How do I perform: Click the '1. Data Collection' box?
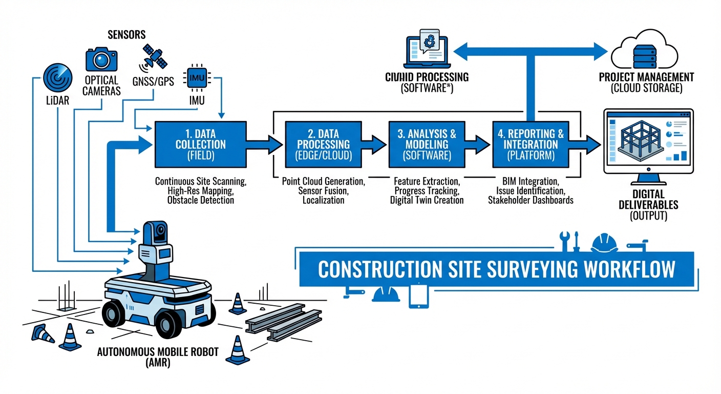click(200, 145)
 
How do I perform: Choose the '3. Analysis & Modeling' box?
click(427, 145)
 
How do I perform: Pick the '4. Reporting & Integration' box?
click(531, 145)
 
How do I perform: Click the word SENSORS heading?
click(126, 35)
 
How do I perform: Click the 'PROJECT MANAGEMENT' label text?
click(646, 77)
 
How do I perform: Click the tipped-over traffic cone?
click(43, 333)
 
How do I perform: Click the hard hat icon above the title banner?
click(604, 241)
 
